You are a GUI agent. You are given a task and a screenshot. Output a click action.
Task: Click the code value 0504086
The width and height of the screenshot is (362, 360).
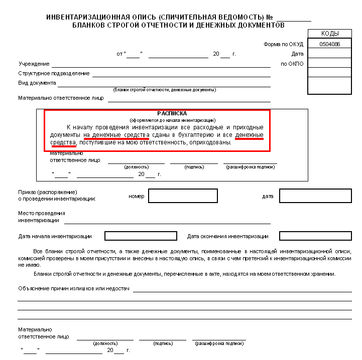(x=329, y=44)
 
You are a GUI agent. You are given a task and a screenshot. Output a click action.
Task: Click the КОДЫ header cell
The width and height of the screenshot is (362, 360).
(x=329, y=34)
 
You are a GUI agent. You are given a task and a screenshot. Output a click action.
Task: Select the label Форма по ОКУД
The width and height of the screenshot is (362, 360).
(x=284, y=44)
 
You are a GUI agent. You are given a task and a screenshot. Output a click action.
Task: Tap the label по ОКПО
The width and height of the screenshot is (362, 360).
(x=292, y=64)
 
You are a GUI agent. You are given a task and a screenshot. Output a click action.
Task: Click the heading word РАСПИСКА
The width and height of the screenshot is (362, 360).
(x=172, y=114)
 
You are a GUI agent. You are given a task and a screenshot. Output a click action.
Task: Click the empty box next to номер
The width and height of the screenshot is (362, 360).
(x=183, y=196)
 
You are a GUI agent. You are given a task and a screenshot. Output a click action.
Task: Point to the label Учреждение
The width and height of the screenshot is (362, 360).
(x=34, y=64)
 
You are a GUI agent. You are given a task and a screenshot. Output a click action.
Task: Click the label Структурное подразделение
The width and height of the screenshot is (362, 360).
(x=54, y=73)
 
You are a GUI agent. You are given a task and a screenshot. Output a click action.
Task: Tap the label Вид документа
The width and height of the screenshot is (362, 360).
(x=37, y=83)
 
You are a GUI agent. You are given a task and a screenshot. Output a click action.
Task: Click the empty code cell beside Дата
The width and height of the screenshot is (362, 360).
(x=329, y=54)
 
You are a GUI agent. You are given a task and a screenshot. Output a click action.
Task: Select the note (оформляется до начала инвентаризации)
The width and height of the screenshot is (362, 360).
(x=172, y=120)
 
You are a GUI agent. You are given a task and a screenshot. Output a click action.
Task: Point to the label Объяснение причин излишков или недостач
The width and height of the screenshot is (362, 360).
(x=74, y=288)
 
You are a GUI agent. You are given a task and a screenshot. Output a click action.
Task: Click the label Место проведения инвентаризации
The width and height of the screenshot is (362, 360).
(x=39, y=217)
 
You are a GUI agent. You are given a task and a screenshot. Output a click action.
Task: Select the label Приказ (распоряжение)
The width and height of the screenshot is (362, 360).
(x=48, y=192)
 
